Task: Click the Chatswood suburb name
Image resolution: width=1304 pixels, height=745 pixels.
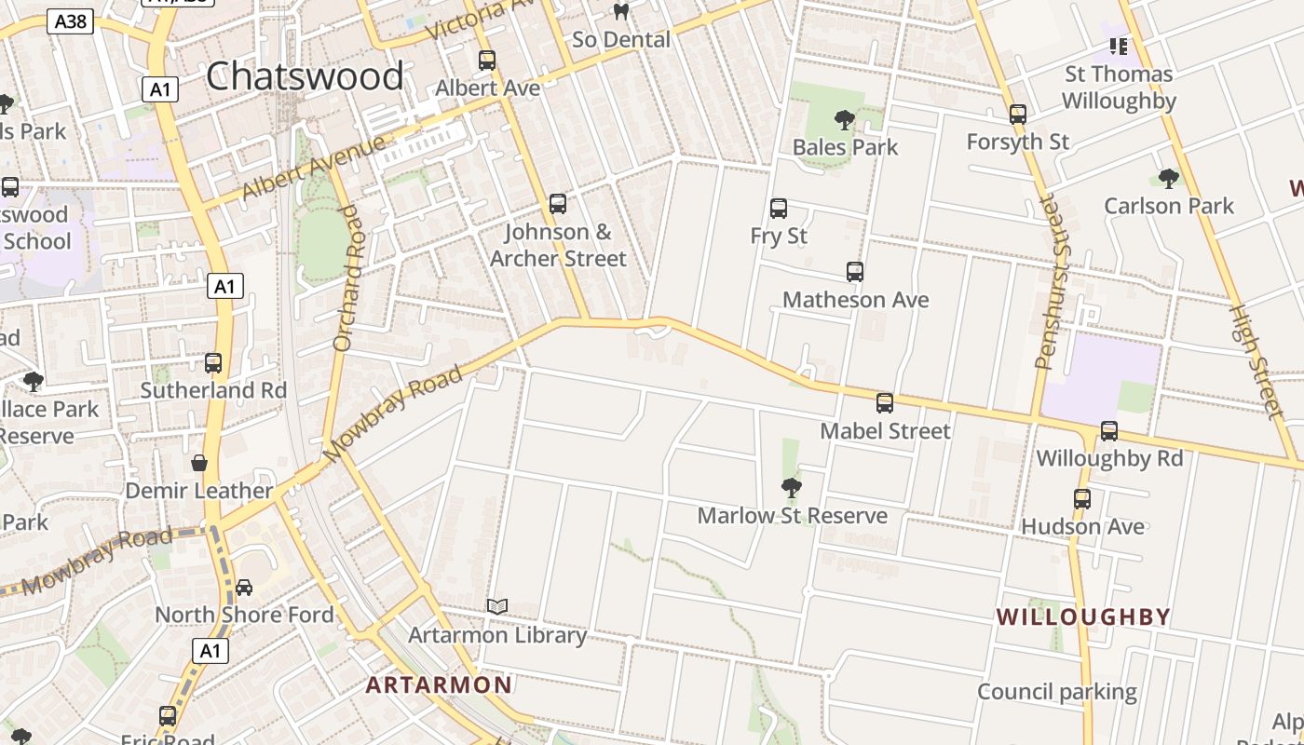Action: pyautogui.click(x=305, y=75)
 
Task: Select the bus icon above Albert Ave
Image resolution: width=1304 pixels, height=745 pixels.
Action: pyautogui.click(x=487, y=61)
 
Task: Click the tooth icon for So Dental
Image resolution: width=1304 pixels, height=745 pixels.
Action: pyautogui.click(x=621, y=12)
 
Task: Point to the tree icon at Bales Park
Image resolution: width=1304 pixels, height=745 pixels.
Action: pyautogui.click(x=845, y=119)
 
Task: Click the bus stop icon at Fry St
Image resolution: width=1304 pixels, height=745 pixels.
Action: pyautogui.click(x=779, y=209)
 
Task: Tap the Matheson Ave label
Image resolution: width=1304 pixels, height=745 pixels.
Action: pyautogui.click(x=855, y=300)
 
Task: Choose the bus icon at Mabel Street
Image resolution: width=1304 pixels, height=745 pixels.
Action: pyautogui.click(x=885, y=403)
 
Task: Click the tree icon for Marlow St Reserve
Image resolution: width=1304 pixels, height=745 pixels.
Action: pyautogui.click(x=792, y=487)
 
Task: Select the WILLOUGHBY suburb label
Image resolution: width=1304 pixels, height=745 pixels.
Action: pyautogui.click(x=1083, y=616)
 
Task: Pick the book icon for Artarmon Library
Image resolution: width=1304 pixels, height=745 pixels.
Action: pyautogui.click(x=497, y=607)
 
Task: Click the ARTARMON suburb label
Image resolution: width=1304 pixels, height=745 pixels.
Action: pyautogui.click(x=439, y=685)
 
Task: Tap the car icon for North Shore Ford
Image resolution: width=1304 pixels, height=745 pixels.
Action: pyautogui.click(x=244, y=587)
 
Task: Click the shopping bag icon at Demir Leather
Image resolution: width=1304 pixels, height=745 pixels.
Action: pyautogui.click(x=199, y=463)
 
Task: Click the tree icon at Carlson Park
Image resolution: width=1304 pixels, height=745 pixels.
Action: pyautogui.click(x=1168, y=178)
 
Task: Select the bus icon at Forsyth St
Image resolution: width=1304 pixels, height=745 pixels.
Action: pyautogui.click(x=1018, y=115)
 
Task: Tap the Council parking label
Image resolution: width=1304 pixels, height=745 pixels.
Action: pyautogui.click(x=1056, y=692)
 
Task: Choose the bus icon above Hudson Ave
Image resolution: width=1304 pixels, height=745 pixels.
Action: pyautogui.click(x=1082, y=498)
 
